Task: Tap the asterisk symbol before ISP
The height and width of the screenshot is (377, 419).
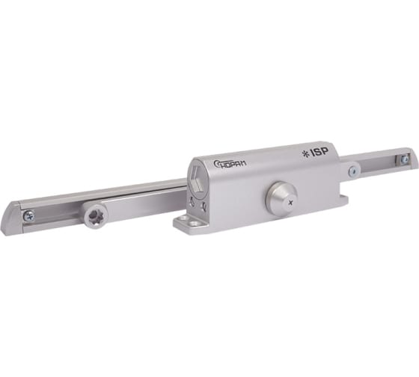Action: tap(305, 154)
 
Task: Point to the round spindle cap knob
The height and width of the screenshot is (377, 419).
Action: tap(281, 195)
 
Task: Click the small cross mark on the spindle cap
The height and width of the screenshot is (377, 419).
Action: tap(291, 203)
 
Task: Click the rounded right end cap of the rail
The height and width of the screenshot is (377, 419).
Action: tap(413, 158)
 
